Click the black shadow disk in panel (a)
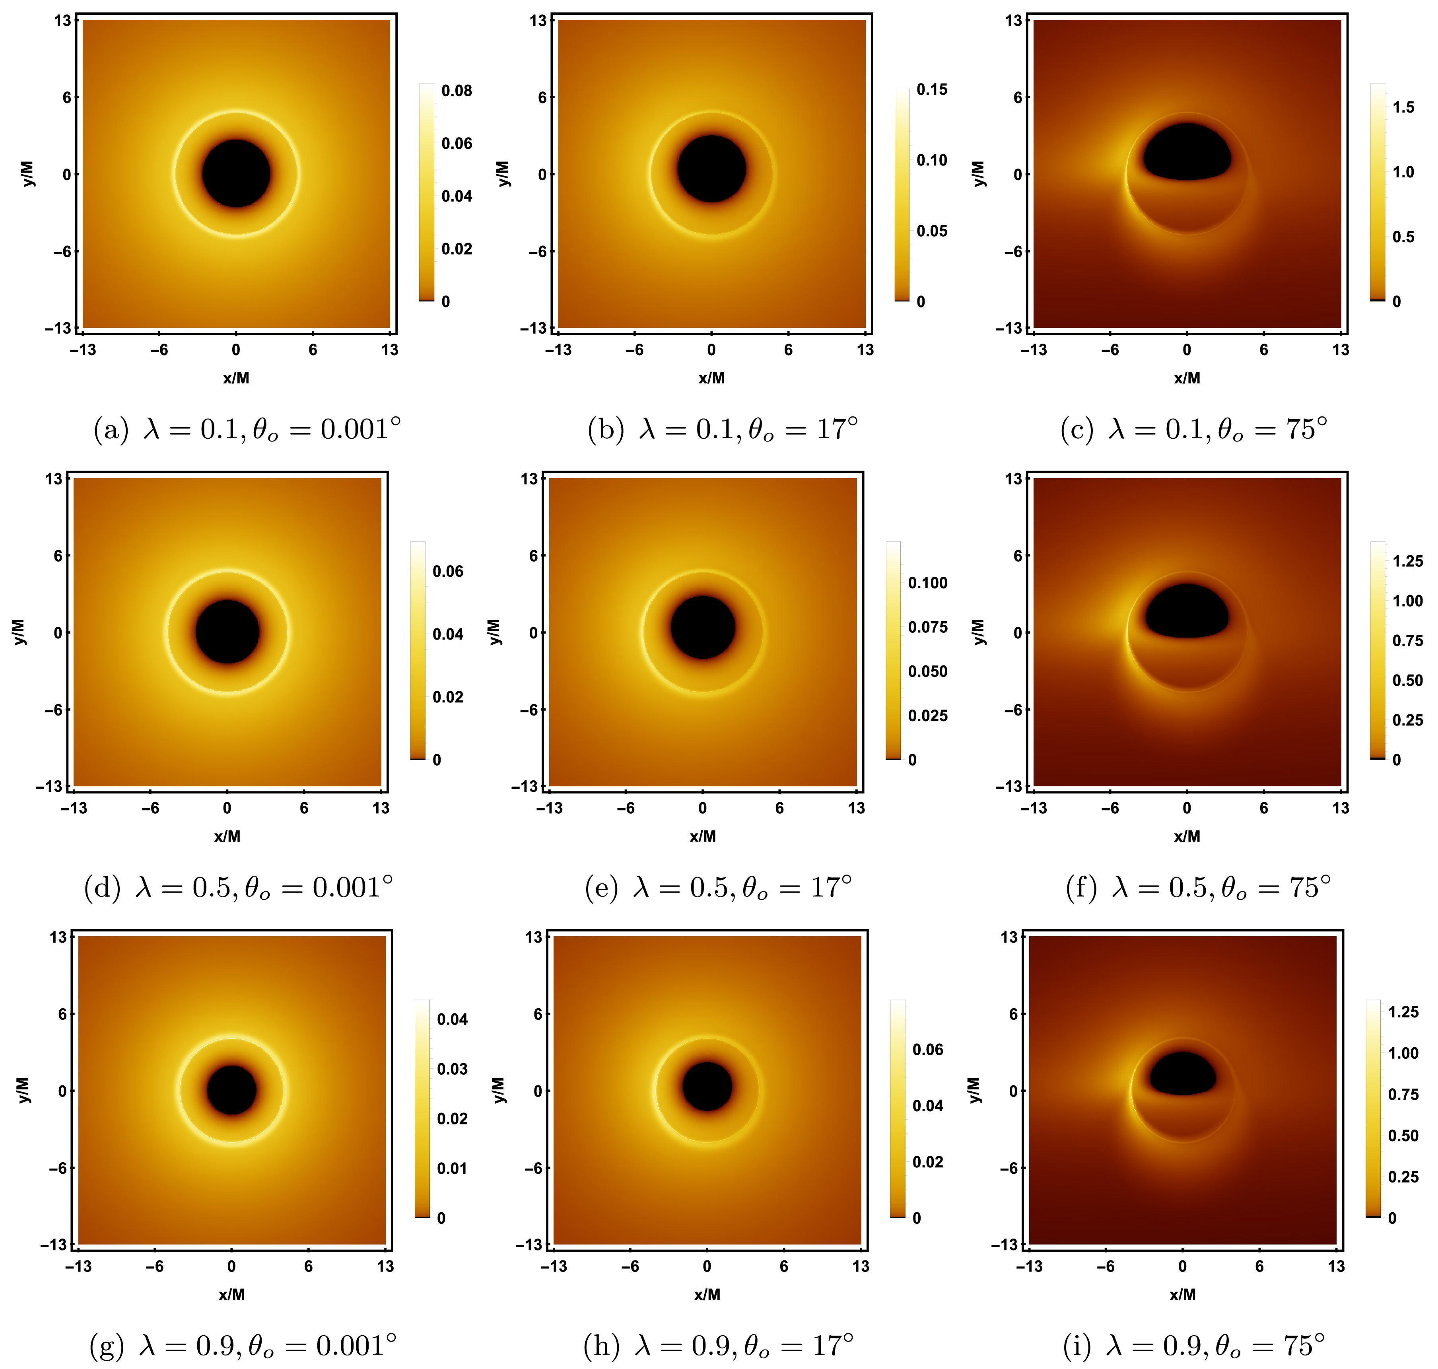coord(236,174)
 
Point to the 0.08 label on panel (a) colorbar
coord(457,91)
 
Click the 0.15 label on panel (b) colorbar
coord(932,90)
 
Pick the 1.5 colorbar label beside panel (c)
coord(1403,107)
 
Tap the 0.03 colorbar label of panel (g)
coord(452,1069)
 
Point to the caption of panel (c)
coord(1193,429)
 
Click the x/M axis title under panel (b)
coord(711,378)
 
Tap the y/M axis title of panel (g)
coord(23,1090)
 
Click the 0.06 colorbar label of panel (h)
coord(927,1049)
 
